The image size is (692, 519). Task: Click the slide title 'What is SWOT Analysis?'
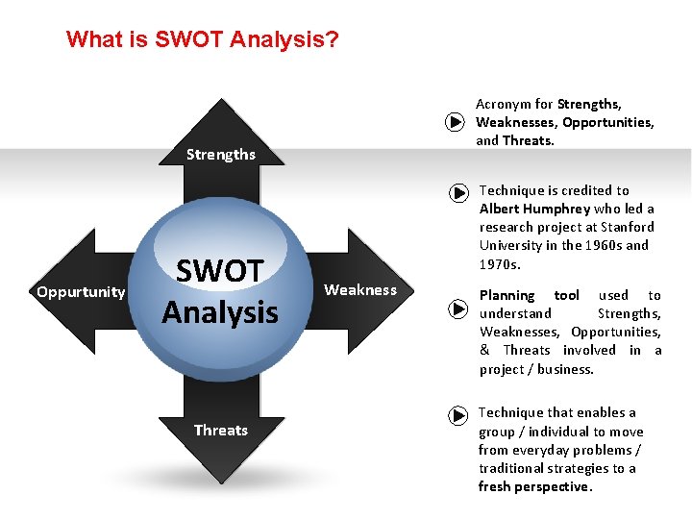click(202, 40)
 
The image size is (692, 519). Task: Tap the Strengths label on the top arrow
click(221, 154)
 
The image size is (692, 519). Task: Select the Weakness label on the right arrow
click(360, 290)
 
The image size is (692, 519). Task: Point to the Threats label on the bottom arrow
click(221, 430)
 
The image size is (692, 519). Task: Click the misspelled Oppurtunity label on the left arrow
click(81, 292)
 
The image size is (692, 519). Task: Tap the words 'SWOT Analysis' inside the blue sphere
click(220, 291)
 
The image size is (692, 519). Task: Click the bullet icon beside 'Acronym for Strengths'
click(456, 122)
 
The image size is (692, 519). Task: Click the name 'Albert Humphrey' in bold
click(535, 209)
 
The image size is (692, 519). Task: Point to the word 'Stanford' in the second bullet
click(627, 227)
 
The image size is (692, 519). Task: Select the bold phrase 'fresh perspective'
click(534, 486)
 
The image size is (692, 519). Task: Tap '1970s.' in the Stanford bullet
click(500, 263)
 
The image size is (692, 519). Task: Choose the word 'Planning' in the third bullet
click(507, 295)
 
